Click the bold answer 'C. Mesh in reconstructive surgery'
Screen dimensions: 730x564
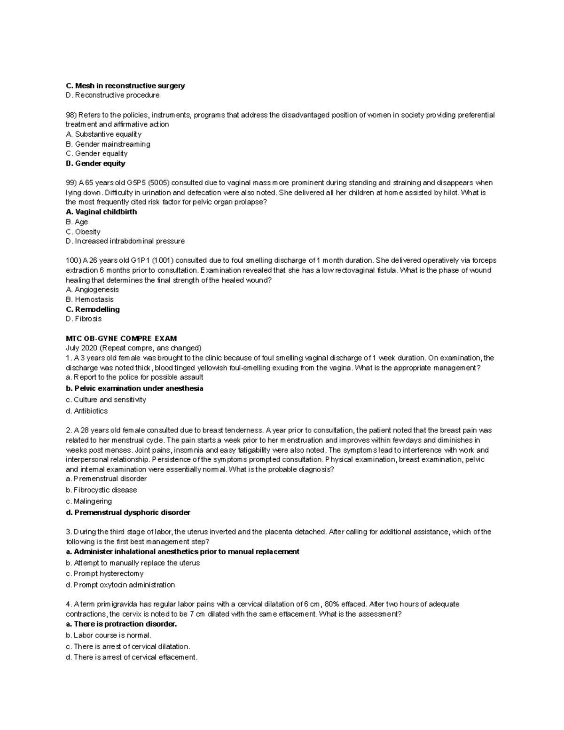(x=125, y=86)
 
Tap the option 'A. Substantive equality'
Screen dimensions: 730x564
(x=103, y=134)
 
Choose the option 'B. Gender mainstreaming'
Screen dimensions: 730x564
(x=108, y=144)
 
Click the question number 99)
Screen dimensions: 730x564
(x=71, y=183)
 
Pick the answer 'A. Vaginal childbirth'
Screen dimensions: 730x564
(x=101, y=212)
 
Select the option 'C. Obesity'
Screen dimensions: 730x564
(x=83, y=232)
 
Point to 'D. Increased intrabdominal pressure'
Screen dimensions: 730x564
(x=125, y=241)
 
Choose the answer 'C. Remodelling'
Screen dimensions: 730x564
(x=93, y=309)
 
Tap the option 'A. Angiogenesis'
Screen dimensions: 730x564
(x=92, y=290)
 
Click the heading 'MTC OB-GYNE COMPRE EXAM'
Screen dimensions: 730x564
(x=121, y=338)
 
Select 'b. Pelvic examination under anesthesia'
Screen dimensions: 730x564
(x=134, y=388)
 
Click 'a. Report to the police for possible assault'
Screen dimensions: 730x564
(x=134, y=377)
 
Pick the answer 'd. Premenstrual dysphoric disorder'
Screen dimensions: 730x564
(x=128, y=512)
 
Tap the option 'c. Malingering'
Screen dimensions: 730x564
(x=89, y=501)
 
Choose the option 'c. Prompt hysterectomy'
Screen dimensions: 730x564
(x=104, y=573)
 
